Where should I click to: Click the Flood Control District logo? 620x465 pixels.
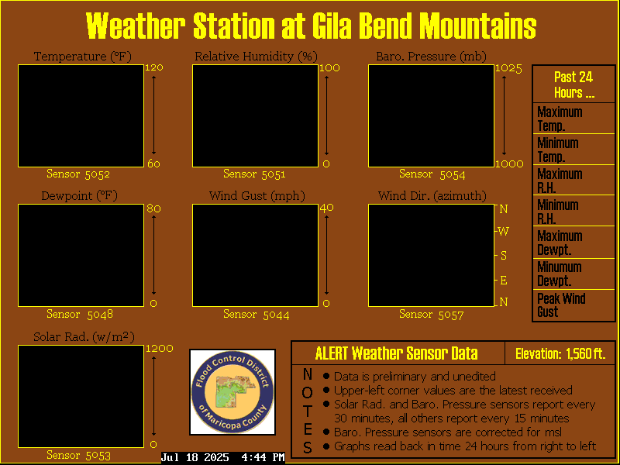pyautogui.click(x=232, y=392)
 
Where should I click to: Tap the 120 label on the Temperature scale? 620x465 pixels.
pyautogui.click(x=153, y=67)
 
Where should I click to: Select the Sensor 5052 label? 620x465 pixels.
pyautogui.click(x=78, y=174)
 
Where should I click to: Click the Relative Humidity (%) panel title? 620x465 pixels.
pyautogui.click(x=256, y=57)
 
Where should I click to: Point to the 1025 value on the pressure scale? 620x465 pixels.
pyautogui.click(x=508, y=68)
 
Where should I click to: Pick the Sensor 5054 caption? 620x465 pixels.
pyautogui.click(x=432, y=174)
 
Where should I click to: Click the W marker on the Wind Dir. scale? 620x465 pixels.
pyautogui.click(x=503, y=231)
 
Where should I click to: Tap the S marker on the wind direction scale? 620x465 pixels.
pyautogui.click(x=503, y=256)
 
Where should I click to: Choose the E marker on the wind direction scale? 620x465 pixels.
pyautogui.click(x=503, y=281)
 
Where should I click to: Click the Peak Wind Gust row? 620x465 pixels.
pyautogui.click(x=573, y=305)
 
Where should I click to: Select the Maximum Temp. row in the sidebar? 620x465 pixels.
pyautogui.click(x=573, y=119)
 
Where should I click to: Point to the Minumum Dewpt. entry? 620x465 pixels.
pyautogui.click(x=573, y=274)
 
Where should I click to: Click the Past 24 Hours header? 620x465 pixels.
pyautogui.click(x=573, y=84)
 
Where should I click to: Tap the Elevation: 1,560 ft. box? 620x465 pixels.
pyautogui.click(x=560, y=353)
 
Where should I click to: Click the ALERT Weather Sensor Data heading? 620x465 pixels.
pyautogui.click(x=397, y=353)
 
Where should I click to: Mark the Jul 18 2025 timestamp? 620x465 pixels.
pyautogui.click(x=195, y=457)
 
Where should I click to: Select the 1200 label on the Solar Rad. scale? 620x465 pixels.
pyautogui.click(x=160, y=348)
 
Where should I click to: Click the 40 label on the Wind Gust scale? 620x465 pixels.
pyautogui.click(x=326, y=208)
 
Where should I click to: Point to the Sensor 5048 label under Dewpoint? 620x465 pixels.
pyautogui.click(x=80, y=314)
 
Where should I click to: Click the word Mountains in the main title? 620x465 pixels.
pyautogui.click(x=477, y=26)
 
